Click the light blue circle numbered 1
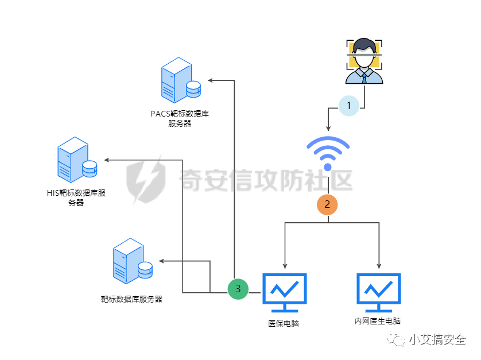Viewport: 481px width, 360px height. point(348,106)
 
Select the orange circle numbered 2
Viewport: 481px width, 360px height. point(327,204)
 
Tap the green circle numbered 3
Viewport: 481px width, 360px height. point(238,288)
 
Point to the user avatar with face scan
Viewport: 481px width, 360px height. point(363,61)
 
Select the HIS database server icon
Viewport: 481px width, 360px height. point(76,161)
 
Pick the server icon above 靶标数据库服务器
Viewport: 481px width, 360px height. point(132,262)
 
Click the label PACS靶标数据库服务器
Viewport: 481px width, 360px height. point(180,118)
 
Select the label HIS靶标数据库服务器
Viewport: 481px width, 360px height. point(76,198)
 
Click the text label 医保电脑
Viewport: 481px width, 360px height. point(284,323)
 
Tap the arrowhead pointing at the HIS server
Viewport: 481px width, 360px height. point(107,160)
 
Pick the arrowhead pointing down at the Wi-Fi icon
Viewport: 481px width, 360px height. point(328,127)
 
